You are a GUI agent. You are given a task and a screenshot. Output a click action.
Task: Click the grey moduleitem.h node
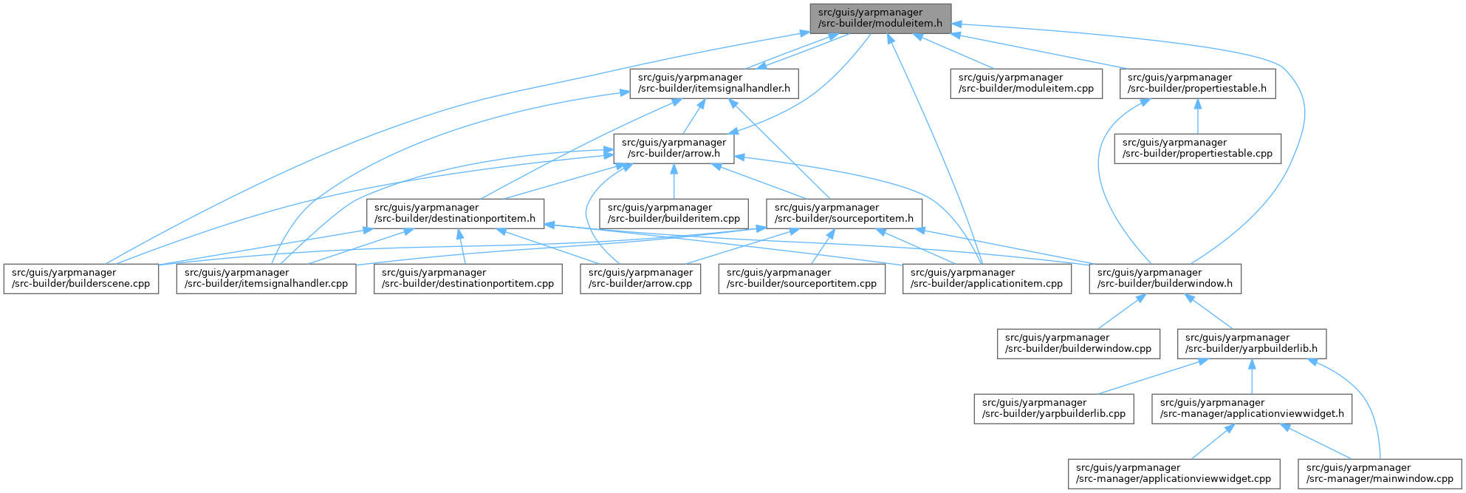[x=880, y=18]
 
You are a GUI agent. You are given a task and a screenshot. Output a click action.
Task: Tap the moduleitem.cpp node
[x=1026, y=84]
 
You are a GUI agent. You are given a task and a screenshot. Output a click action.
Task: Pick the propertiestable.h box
[x=1197, y=84]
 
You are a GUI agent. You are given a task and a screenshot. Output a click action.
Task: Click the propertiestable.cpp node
[x=1197, y=149]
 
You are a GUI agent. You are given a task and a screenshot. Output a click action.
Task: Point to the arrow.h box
[x=673, y=149]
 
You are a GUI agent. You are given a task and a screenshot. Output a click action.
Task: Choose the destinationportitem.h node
[x=456, y=213]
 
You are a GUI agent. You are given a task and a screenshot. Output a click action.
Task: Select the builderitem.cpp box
[x=674, y=213]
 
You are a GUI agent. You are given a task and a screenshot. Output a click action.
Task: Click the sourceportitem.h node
[x=844, y=213]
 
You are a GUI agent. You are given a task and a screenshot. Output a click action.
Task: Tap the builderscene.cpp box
[x=81, y=279]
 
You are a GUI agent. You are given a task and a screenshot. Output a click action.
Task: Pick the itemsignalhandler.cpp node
[x=266, y=279]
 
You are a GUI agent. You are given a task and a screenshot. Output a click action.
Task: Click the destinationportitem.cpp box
[x=467, y=279]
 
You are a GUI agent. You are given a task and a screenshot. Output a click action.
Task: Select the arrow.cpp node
[x=640, y=279]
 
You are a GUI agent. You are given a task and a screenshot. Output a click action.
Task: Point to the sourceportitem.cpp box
[x=802, y=279]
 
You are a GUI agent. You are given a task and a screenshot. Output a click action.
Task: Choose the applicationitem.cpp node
[x=986, y=279]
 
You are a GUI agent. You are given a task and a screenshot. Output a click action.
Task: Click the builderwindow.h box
[x=1165, y=279]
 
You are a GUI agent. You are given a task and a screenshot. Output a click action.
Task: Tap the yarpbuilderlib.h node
[x=1250, y=344]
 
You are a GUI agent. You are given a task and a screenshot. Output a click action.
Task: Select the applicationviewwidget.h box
[x=1252, y=408]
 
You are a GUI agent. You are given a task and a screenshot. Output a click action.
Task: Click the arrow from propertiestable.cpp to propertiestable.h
[x=1197, y=117]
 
